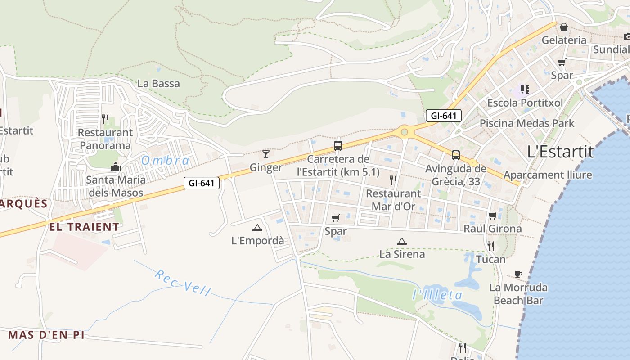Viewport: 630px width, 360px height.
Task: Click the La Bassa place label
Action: (158, 83)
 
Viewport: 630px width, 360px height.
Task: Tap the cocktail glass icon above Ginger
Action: (266, 154)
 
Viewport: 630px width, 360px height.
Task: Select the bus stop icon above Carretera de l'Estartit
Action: (338, 145)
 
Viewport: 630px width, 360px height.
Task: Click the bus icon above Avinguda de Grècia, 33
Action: (456, 155)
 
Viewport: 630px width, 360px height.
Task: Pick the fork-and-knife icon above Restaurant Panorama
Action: (105, 119)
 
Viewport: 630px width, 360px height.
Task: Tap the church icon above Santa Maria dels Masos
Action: (116, 166)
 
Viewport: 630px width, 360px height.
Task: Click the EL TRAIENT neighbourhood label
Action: (84, 227)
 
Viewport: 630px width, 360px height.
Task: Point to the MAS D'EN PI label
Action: (46, 335)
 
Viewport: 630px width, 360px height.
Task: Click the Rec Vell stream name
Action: (183, 283)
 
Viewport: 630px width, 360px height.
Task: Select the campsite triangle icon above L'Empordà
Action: (257, 228)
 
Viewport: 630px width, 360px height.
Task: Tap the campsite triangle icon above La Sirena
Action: (402, 241)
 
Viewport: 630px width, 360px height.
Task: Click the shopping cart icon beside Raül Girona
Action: (493, 216)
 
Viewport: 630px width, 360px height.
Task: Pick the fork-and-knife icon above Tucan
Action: (491, 246)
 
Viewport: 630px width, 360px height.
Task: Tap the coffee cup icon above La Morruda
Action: (518, 274)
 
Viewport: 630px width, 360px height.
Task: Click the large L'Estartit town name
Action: (560, 152)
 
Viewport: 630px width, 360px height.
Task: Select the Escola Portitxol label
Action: (525, 103)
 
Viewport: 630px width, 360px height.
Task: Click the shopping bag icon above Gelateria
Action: (564, 27)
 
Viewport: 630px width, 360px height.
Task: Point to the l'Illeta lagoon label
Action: (437, 295)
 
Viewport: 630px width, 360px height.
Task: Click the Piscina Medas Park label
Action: (527, 123)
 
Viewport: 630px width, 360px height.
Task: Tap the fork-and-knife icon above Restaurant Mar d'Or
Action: (394, 180)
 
